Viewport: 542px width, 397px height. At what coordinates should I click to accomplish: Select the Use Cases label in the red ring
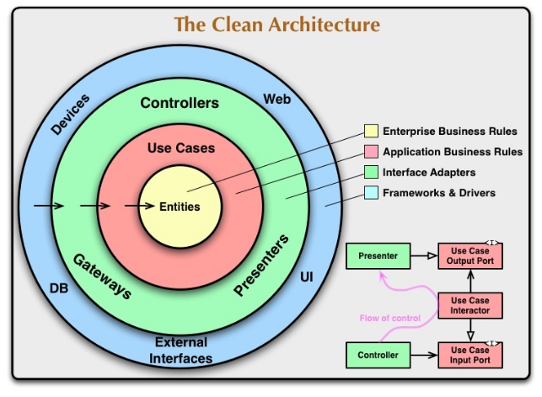(181, 148)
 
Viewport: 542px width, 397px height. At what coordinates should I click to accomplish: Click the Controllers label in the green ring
(180, 104)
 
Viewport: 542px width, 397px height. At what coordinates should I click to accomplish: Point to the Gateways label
(101, 276)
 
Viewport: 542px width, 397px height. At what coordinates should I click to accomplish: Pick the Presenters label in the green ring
(261, 266)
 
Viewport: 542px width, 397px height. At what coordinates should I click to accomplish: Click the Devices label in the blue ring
(71, 115)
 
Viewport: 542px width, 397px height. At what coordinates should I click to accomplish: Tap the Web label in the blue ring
(277, 99)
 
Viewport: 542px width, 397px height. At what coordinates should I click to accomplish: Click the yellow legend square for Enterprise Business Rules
(371, 131)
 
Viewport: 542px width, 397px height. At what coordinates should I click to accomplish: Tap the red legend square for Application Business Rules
(371, 153)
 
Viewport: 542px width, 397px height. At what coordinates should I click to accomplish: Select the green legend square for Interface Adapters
(371, 173)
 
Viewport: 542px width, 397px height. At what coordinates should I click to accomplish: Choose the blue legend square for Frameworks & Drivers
(371, 193)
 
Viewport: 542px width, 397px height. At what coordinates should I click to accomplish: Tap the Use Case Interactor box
(470, 305)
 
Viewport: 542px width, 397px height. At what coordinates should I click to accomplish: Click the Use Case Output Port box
(470, 255)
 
